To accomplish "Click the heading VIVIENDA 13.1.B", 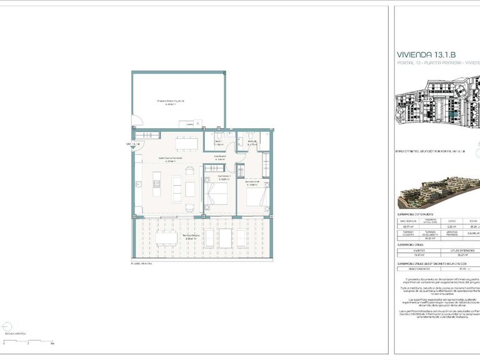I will pyautogui.click(x=431, y=54).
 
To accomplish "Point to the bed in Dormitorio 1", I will pyautogui.click(x=217, y=196).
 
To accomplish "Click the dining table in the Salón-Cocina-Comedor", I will pyautogui.click(x=183, y=144).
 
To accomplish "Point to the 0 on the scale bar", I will pyautogui.click(x=5, y=344).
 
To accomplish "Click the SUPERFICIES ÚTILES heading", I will pyautogui.click(x=413, y=244).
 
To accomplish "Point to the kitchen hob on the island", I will pyautogui.click(x=157, y=183).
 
